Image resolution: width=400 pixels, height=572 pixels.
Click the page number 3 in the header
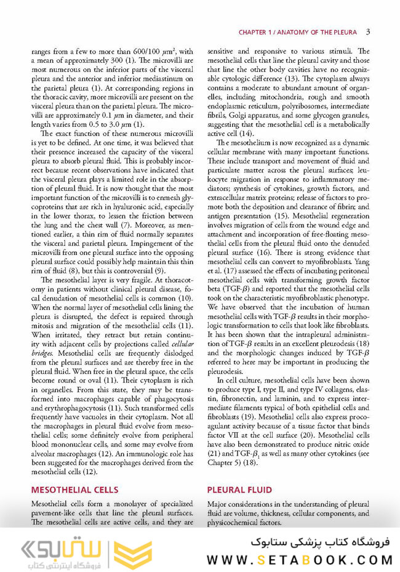367,32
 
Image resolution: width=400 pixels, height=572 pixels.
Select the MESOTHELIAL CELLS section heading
74,490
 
